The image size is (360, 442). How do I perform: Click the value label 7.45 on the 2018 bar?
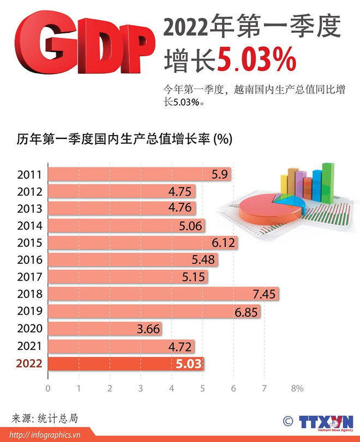[265, 294]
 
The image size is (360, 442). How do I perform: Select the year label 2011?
[29, 175]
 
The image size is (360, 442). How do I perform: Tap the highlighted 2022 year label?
[29, 364]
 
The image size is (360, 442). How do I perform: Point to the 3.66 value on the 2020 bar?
[148, 329]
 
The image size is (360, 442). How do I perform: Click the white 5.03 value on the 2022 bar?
[189, 364]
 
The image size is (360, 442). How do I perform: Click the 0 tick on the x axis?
[48, 389]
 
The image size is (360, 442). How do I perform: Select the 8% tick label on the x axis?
[297, 389]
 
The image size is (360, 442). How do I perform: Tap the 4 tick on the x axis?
[172, 389]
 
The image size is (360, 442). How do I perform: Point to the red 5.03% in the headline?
[256, 61]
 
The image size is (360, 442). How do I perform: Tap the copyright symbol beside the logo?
[287, 421]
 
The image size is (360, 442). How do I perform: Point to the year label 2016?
[29, 261]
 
